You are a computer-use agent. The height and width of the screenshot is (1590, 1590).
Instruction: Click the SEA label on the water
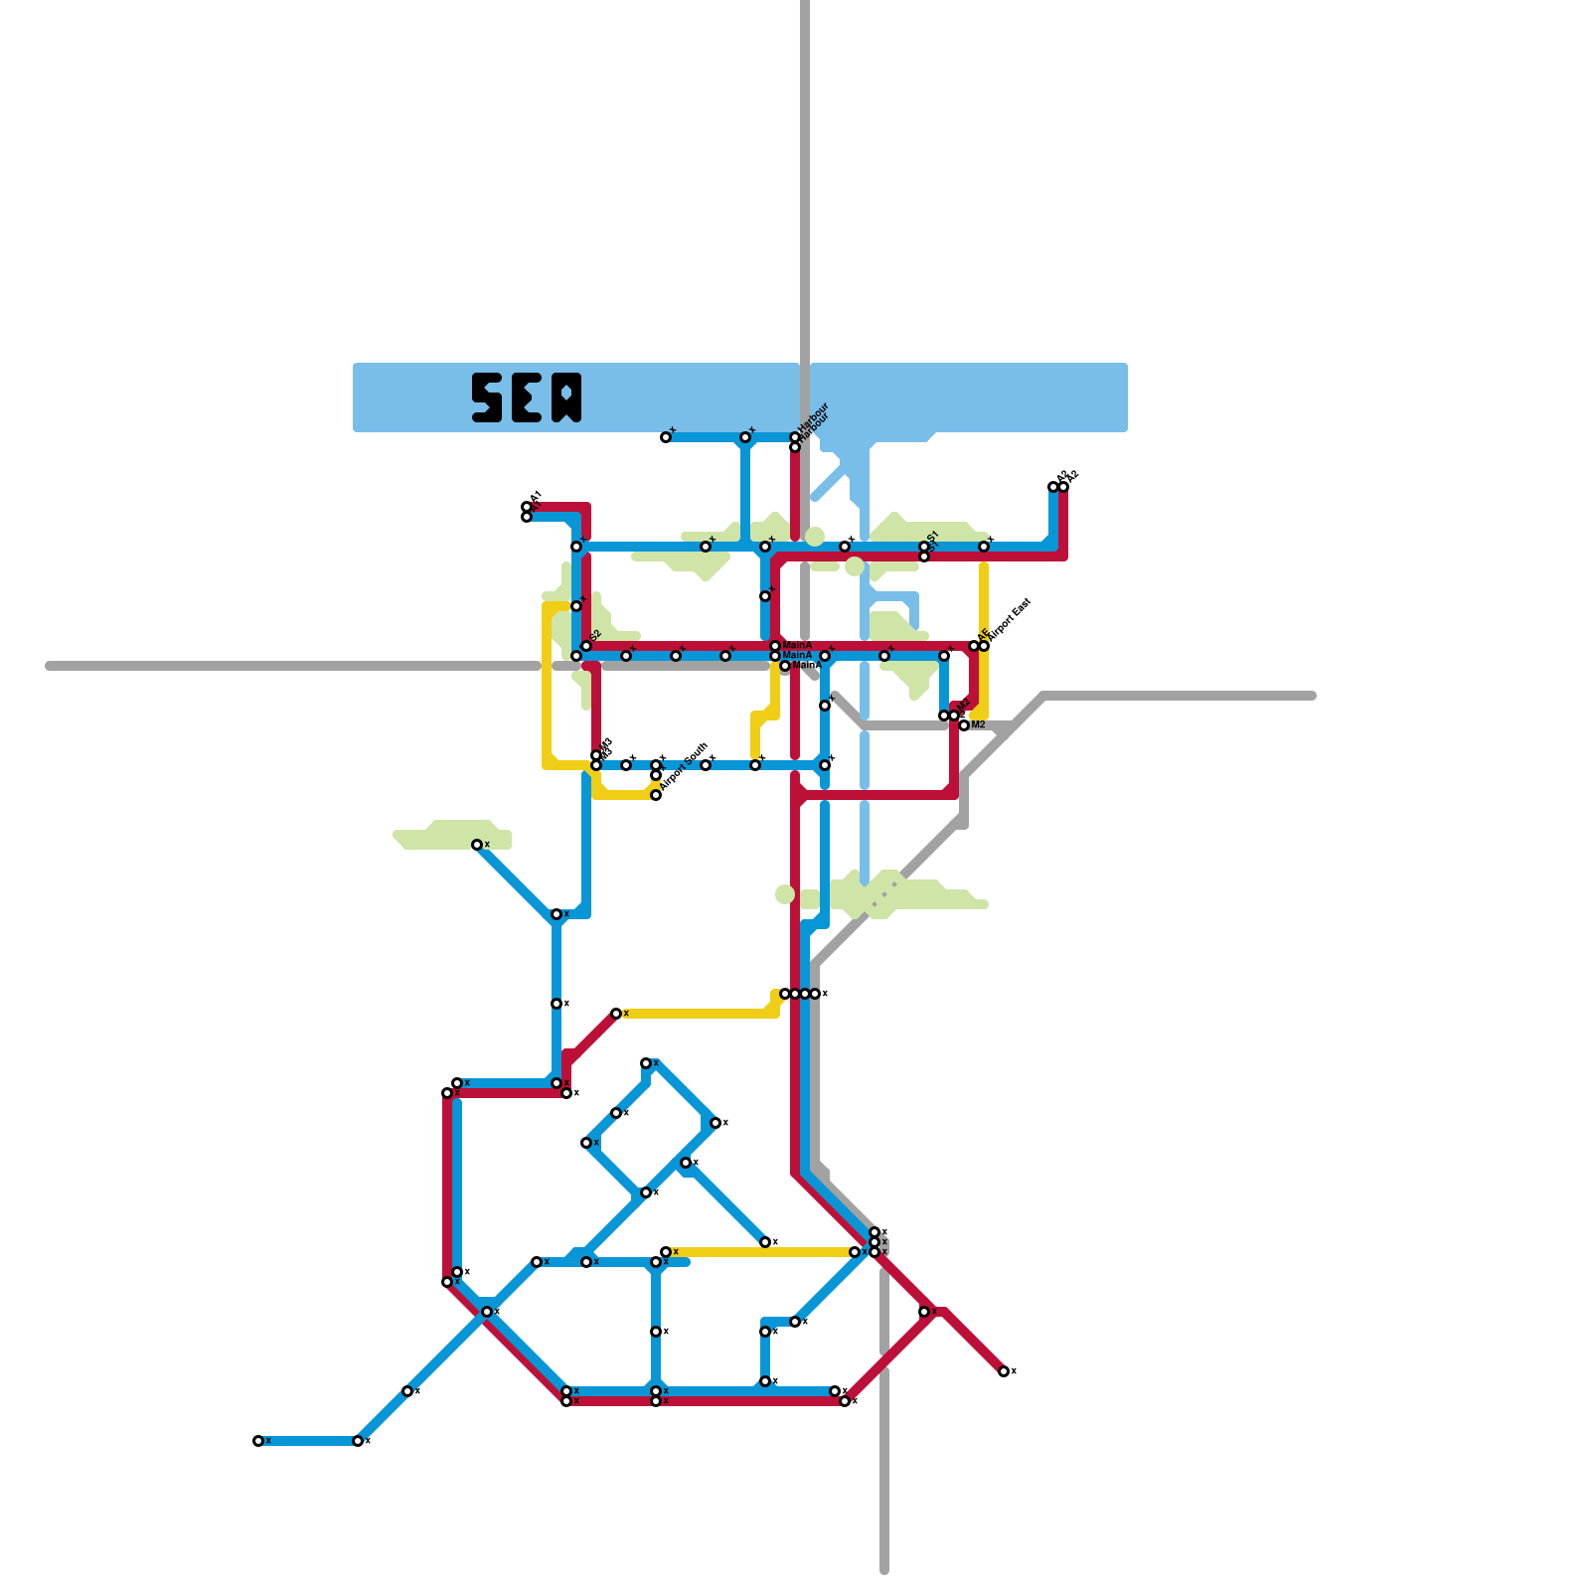pyautogui.click(x=527, y=397)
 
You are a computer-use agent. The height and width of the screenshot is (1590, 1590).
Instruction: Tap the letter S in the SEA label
pyautogui.click(x=487, y=397)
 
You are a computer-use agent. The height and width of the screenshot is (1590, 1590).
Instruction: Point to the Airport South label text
pyautogui.click(x=684, y=766)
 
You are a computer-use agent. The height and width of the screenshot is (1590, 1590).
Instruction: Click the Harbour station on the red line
pyautogui.click(x=795, y=447)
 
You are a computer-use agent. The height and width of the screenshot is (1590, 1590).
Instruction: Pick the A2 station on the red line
pyautogui.click(x=1063, y=487)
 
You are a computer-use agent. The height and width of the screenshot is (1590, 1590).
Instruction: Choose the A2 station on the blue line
pyautogui.click(x=1053, y=487)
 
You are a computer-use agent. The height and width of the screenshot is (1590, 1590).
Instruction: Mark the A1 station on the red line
pyautogui.click(x=527, y=507)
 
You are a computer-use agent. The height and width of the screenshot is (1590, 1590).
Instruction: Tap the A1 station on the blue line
pyautogui.click(x=527, y=517)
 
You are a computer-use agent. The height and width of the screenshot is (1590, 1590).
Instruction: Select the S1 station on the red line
pyautogui.click(x=924, y=556)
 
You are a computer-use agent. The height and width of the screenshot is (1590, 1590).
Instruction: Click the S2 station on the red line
pyautogui.click(x=586, y=646)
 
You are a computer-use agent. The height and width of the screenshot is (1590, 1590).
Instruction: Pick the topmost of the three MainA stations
pyautogui.click(x=775, y=646)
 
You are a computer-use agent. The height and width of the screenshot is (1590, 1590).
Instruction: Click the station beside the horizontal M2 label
pyautogui.click(x=964, y=725)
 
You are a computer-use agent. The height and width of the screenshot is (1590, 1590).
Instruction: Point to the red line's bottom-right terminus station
pyautogui.click(x=1004, y=1371)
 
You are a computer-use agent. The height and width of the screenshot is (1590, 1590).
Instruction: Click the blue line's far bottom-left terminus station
pyautogui.click(x=258, y=1441)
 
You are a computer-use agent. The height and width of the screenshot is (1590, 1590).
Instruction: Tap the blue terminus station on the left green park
pyautogui.click(x=477, y=845)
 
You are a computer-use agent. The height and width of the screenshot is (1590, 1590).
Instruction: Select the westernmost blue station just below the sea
pyautogui.click(x=666, y=437)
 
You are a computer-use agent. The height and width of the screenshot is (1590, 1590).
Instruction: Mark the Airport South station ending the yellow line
pyautogui.click(x=656, y=795)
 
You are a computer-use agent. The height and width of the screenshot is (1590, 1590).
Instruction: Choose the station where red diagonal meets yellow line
pyautogui.click(x=616, y=1014)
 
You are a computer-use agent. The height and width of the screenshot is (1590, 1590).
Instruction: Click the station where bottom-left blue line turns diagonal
pyautogui.click(x=358, y=1441)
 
